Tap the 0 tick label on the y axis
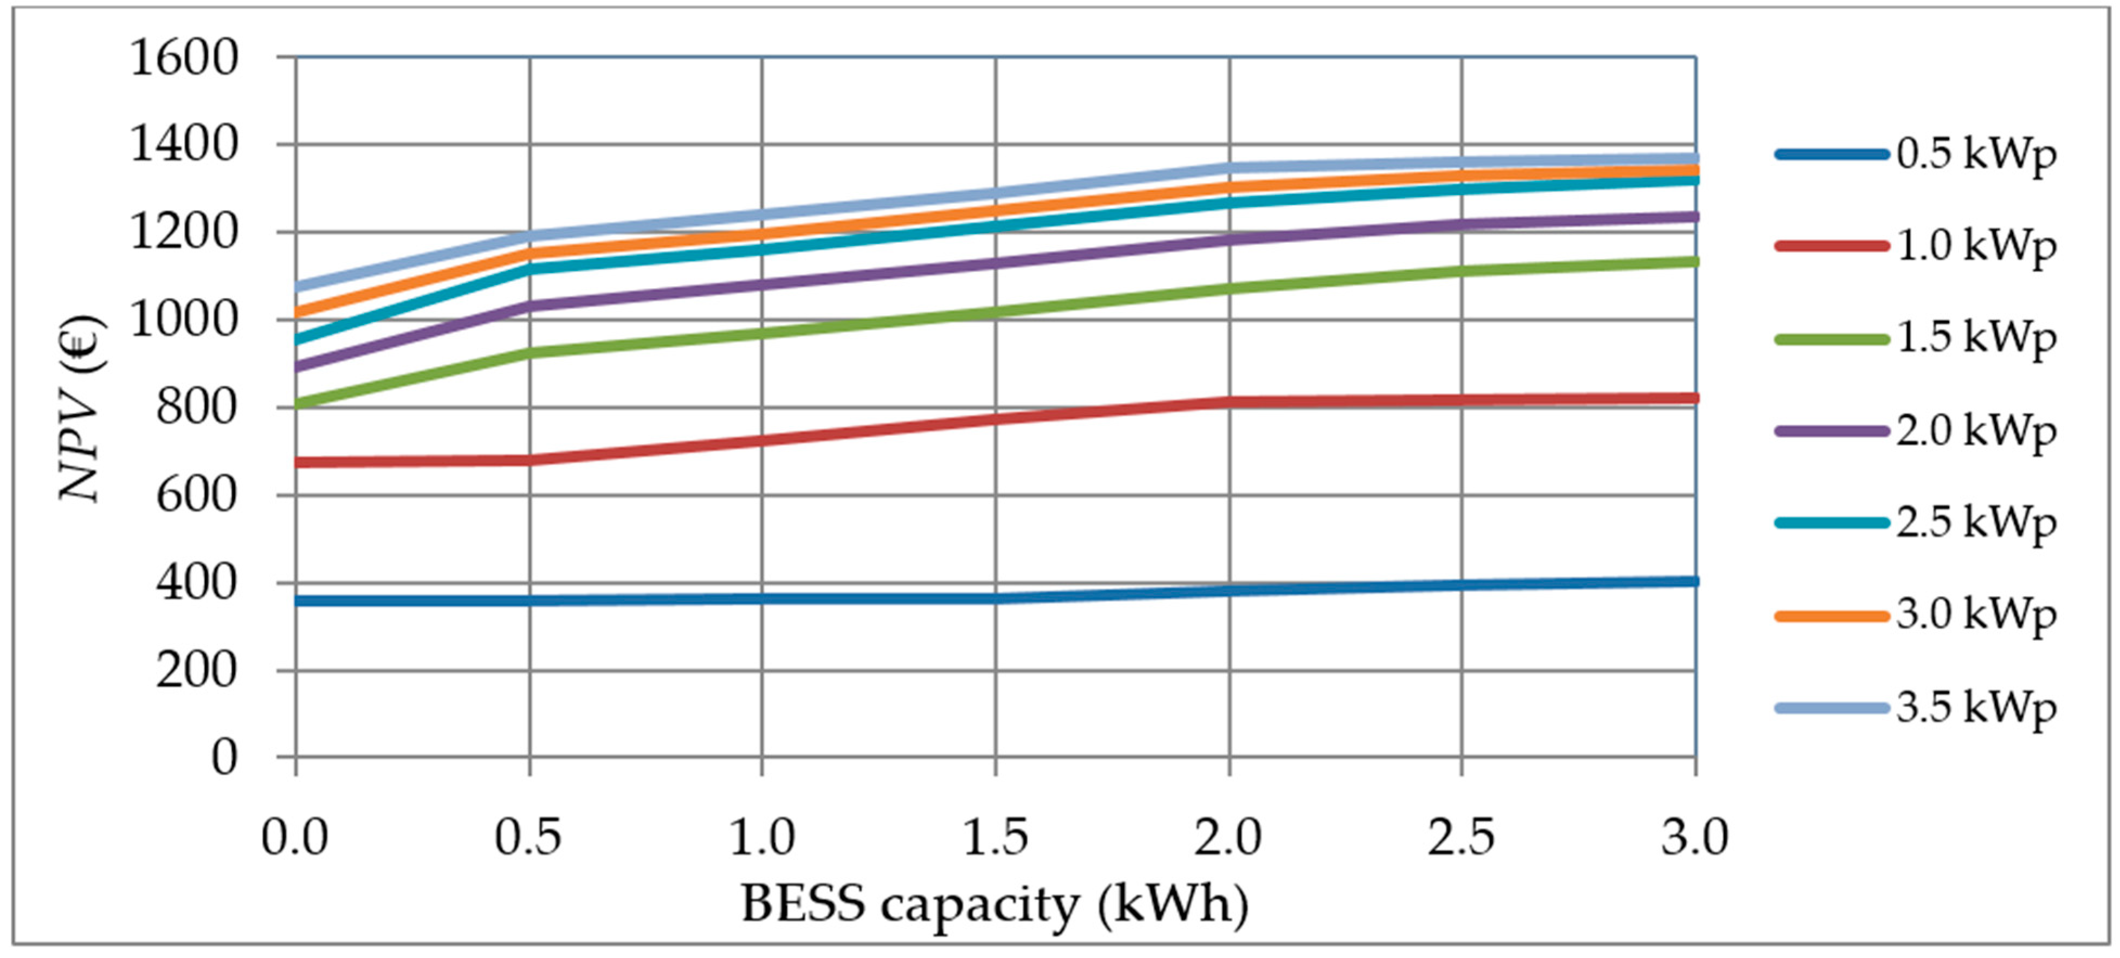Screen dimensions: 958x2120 pos(224,757)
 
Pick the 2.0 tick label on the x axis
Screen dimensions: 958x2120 pos(1228,838)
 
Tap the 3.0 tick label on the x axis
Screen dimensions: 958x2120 pos(1695,838)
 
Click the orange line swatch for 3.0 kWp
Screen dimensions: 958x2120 pos(1831,616)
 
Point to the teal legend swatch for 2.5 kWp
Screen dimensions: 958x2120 pos(1831,523)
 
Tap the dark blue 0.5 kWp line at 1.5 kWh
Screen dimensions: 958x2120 pos(995,598)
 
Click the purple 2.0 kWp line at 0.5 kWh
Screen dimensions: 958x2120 pos(529,306)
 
